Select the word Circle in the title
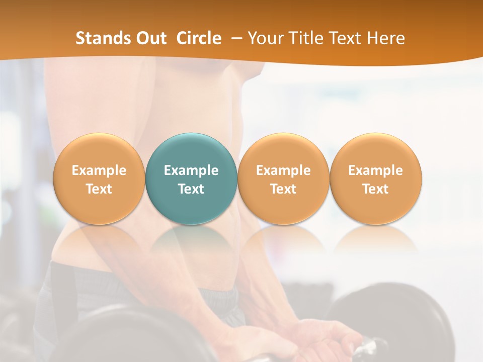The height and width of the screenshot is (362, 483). tap(199, 38)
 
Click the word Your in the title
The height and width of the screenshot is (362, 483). tap(265, 38)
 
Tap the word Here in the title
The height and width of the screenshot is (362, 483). tap(386, 38)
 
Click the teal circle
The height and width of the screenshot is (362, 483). tap(191, 151)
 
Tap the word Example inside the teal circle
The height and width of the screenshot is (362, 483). tap(191, 170)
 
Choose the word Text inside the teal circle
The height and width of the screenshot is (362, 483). tap(191, 189)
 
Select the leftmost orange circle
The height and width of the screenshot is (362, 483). tap(99, 151)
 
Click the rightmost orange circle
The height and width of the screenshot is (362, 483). tap(376, 151)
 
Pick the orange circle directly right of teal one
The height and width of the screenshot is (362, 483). tap(283, 151)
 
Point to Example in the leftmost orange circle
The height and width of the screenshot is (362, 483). tap(99, 170)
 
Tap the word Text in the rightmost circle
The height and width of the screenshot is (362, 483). tap(376, 189)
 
